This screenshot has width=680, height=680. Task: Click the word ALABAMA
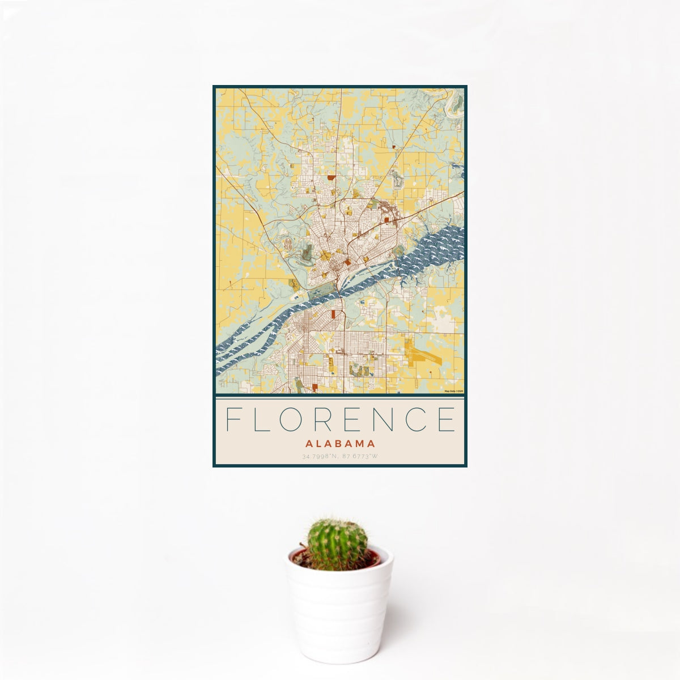tap(340, 444)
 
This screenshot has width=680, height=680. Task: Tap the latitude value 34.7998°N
tap(321, 456)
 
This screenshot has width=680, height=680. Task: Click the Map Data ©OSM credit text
tap(453, 391)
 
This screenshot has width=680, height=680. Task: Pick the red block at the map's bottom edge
tap(314, 388)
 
